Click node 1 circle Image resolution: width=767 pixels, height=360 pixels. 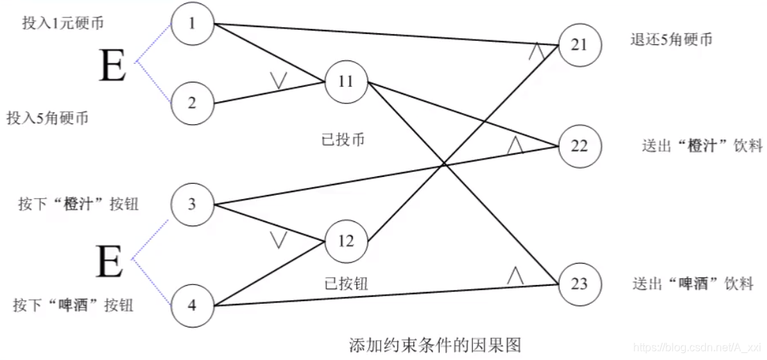192,24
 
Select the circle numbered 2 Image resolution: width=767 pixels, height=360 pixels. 192,103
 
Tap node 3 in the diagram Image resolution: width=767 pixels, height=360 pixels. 192,204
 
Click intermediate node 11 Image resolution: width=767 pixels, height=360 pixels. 345,81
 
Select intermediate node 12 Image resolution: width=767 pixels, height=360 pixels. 345,241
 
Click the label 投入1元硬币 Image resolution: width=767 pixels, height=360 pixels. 63,23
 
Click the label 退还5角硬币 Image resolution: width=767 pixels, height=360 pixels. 671,39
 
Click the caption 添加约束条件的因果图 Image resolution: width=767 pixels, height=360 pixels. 435,345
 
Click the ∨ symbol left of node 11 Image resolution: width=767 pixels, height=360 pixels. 279,81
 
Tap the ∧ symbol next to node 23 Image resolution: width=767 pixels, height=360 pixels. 515,275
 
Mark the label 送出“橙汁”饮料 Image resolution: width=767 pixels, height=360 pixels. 703,146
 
